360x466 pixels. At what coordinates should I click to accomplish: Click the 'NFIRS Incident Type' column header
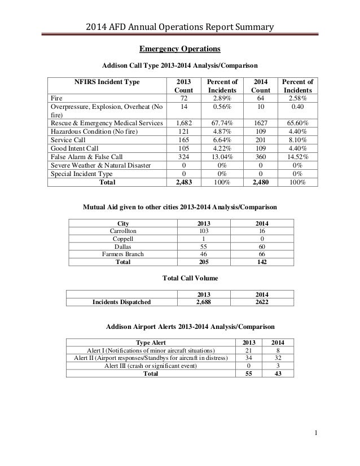(x=107, y=82)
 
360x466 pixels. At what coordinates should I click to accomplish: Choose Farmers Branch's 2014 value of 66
(x=261, y=254)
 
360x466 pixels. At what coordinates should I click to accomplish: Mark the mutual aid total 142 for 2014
(x=261, y=262)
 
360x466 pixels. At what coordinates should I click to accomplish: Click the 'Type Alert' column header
(x=152, y=342)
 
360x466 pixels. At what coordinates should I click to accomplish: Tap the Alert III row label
(x=151, y=366)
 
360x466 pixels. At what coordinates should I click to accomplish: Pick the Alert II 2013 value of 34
(x=249, y=358)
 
